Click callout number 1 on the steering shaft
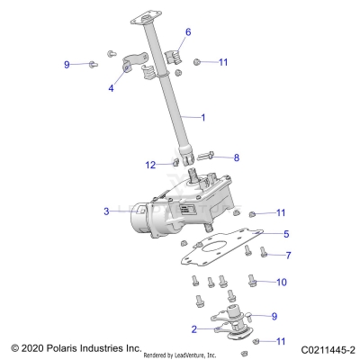click(x=202, y=118)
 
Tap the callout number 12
click(x=150, y=165)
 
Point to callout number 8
click(x=237, y=157)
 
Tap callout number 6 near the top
click(x=188, y=31)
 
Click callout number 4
click(x=111, y=88)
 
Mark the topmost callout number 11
click(x=224, y=62)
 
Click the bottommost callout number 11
click(x=280, y=342)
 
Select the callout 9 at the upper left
click(x=67, y=64)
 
